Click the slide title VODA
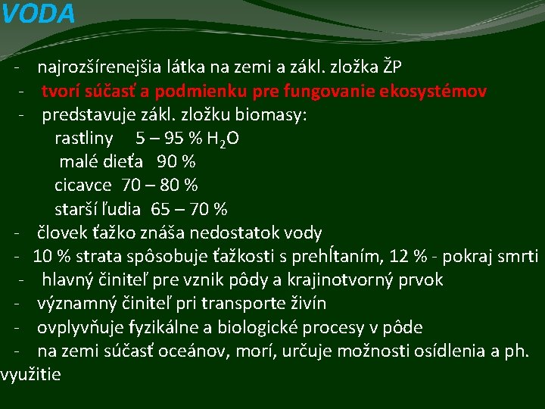(38, 14)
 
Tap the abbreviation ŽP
(392, 67)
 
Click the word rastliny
(83, 139)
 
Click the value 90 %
(176, 162)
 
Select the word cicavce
(83, 186)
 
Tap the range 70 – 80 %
(160, 186)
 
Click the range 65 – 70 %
(189, 209)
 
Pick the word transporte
(251, 303)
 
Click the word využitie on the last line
(31, 374)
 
